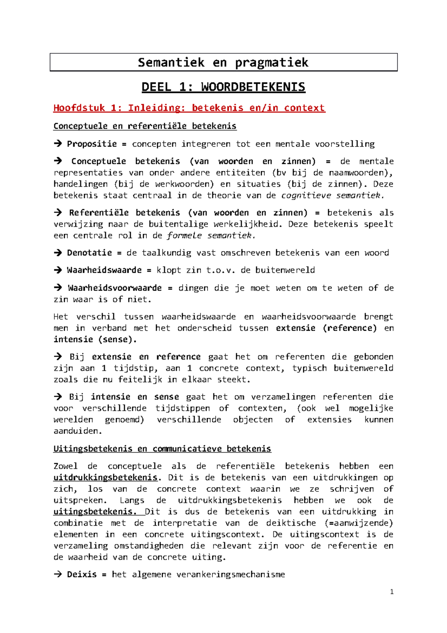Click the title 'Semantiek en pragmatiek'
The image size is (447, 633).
click(x=223, y=62)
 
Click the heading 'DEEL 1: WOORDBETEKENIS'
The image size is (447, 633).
click(x=223, y=87)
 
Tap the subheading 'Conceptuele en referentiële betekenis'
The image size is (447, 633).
click(x=145, y=126)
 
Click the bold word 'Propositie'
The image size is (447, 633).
click(x=92, y=144)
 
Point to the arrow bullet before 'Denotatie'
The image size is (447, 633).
click(x=57, y=253)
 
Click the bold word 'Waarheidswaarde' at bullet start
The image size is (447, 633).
click(x=104, y=270)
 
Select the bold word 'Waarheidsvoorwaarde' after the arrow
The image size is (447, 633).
click(x=114, y=288)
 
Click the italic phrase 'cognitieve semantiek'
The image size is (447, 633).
click(x=332, y=195)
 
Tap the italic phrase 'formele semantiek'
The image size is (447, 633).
click(x=211, y=235)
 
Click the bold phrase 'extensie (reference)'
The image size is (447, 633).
click(x=326, y=328)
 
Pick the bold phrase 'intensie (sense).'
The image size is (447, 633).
click(x=95, y=339)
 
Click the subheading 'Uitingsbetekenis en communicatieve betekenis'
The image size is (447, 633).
click(x=162, y=448)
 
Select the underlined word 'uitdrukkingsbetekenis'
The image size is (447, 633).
click(x=105, y=478)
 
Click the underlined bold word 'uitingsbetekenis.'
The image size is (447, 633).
click(x=95, y=511)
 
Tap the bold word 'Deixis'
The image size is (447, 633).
click(x=82, y=574)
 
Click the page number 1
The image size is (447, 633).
click(x=391, y=592)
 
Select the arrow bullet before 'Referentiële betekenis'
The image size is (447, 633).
click(x=57, y=212)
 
